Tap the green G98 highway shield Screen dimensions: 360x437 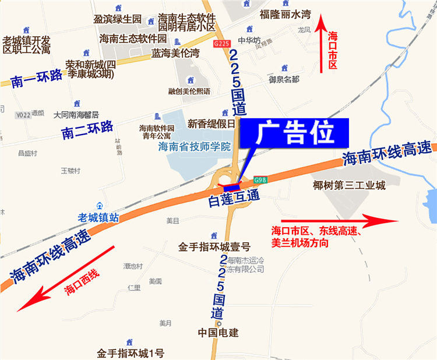point(260,181)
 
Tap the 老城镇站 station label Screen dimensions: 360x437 point(98,217)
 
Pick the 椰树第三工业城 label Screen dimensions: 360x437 point(349,186)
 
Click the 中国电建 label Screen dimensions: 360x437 point(218,333)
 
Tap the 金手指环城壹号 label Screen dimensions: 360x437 point(214,246)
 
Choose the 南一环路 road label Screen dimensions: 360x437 point(36,81)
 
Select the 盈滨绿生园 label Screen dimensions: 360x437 point(118,19)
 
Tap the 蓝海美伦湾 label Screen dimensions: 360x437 point(175,54)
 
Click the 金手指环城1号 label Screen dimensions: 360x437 point(131,352)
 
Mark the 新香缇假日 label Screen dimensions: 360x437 point(211,123)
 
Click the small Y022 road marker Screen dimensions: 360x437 point(23,115)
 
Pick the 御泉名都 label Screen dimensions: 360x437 point(284,79)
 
